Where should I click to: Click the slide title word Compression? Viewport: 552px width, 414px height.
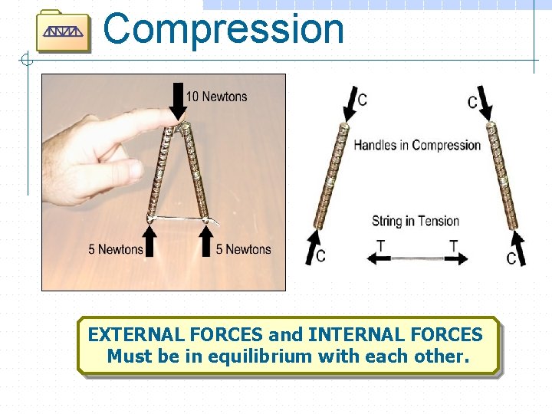tap(223, 29)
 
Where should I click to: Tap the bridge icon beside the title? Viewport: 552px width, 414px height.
tap(64, 31)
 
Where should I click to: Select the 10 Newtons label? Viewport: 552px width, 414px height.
tap(217, 97)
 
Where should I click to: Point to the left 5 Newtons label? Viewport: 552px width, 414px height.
tap(115, 249)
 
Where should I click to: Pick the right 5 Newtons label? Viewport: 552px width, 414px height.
tap(243, 249)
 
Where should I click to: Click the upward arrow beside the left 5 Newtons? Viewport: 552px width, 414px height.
tap(150, 239)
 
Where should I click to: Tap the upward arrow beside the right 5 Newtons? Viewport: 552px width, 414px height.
tap(205, 239)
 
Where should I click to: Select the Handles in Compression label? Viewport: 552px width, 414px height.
tap(417, 145)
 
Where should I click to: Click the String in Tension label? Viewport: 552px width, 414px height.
tap(416, 222)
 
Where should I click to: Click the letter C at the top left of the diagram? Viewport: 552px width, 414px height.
tap(362, 100)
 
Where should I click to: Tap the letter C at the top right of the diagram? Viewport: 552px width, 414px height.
tap(472, 102)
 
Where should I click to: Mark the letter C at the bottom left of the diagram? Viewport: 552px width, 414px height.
tap(320, 255)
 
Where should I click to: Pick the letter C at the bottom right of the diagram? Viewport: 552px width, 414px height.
tap(511, 258)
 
